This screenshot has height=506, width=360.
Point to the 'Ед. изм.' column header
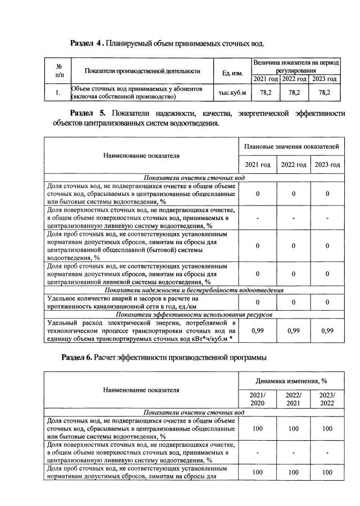click(x=232, y=70)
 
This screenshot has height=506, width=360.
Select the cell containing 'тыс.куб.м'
click(x=232, y=92)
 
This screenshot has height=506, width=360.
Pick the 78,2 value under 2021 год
click(x=265, y=92)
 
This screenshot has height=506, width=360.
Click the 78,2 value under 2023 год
click(x=325, y=92)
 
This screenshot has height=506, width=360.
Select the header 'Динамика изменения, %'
click(x=291, y=381)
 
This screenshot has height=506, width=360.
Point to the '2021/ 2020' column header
click(x=258, y=400)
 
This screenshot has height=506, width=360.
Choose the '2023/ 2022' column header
click(x=327, y=400)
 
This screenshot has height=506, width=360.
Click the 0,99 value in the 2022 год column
click(x=292, y=331)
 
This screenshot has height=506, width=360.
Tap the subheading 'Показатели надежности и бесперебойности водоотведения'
click(x=194, y=290)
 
